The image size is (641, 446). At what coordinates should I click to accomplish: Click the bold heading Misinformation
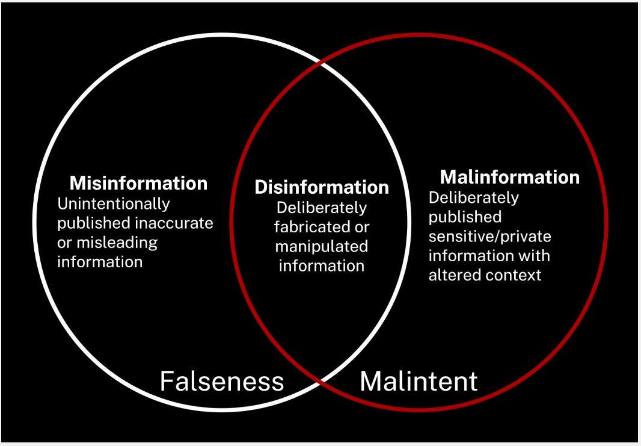pos(138,183)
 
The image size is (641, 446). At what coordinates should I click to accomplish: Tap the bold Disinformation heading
pos(322,187)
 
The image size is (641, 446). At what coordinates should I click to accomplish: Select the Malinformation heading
pos(510,177)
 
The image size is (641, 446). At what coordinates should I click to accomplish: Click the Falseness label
pos(222,381)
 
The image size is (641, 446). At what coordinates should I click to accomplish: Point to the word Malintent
pos(419,381)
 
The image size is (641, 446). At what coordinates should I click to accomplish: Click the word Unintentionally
pos(114,203)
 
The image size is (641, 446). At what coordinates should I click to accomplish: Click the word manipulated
pos(322,247)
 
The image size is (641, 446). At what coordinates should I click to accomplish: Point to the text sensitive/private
pos(489,236)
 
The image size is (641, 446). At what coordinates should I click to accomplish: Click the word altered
pos(452,275)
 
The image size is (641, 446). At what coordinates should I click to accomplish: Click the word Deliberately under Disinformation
pos(322,208)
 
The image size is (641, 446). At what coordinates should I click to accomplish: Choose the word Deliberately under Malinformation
pos(473,197)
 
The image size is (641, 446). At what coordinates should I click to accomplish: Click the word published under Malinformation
pos(465,217)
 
